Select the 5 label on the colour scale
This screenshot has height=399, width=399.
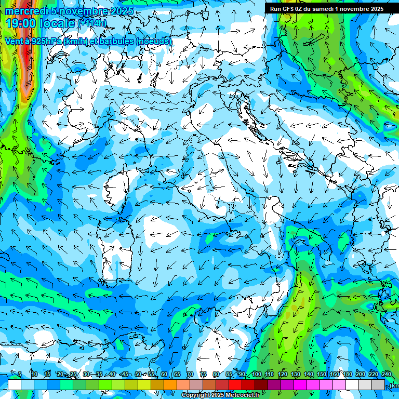(x=20, y=374)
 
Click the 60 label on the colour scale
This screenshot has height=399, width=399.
(x=164, y=374)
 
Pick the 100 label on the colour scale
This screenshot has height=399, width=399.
(x=257, y=374)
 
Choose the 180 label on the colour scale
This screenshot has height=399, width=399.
(x=347, y=374)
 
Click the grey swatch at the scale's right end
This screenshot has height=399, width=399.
(x=379, y=384)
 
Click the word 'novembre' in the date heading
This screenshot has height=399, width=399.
(x=84, y=11)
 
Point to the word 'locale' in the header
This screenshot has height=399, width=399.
(x=57, y=23)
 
